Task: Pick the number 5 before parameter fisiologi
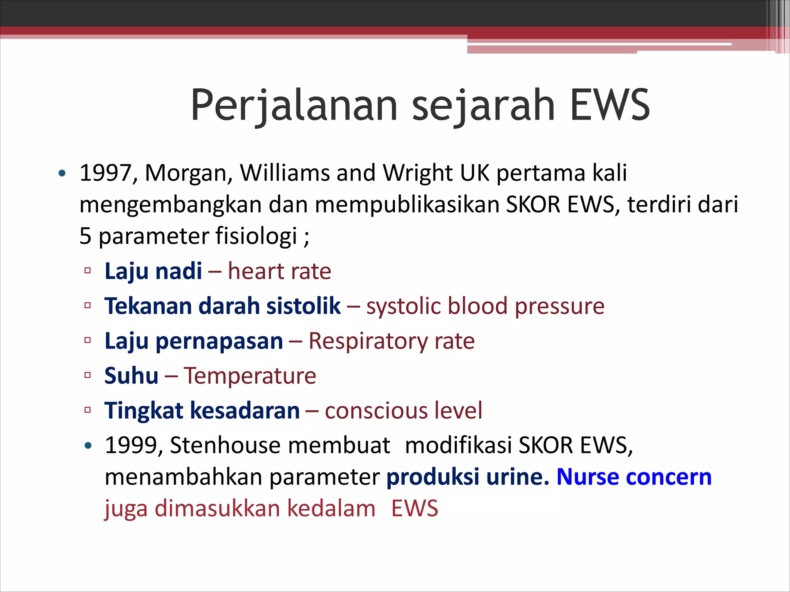pyautogui.click(x=85, y=236)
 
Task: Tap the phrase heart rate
pyautogui.click(x=279, y=271)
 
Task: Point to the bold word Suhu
pyautogui.click(x=131, y=376)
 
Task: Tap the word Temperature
pyautogui.click(x=250, y=376)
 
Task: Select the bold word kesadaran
pyautogui.click(x=245, y=410)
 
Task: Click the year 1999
pyautogui.click(x=131, y=446)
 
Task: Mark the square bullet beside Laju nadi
pyautogui.click(x=88, y=271)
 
